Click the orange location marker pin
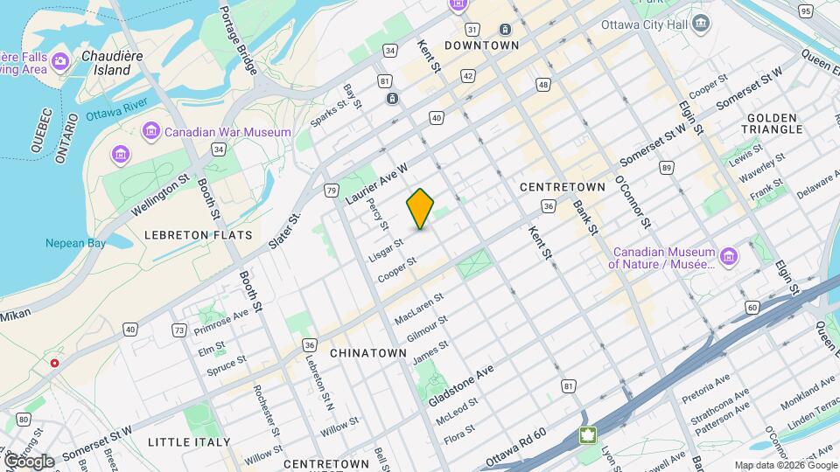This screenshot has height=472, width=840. click(421, 209)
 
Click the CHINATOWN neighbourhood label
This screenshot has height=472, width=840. click(368, 353)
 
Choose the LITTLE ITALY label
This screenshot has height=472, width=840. click(189, 442)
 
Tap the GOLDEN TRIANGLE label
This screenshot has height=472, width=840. click(773, 123)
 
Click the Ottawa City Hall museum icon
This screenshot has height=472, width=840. click(699, 22)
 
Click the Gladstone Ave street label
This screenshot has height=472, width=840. click(461, 385)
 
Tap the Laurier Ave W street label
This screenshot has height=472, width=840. click(377, 184)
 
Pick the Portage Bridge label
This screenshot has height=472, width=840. click(237, 39)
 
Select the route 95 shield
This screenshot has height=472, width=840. click(805, 10)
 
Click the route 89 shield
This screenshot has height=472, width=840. click(667, 168)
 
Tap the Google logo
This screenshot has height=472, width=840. click(29, 461)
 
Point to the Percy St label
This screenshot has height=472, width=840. click(380, 214)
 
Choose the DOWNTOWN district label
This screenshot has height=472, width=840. click(481, 45)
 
